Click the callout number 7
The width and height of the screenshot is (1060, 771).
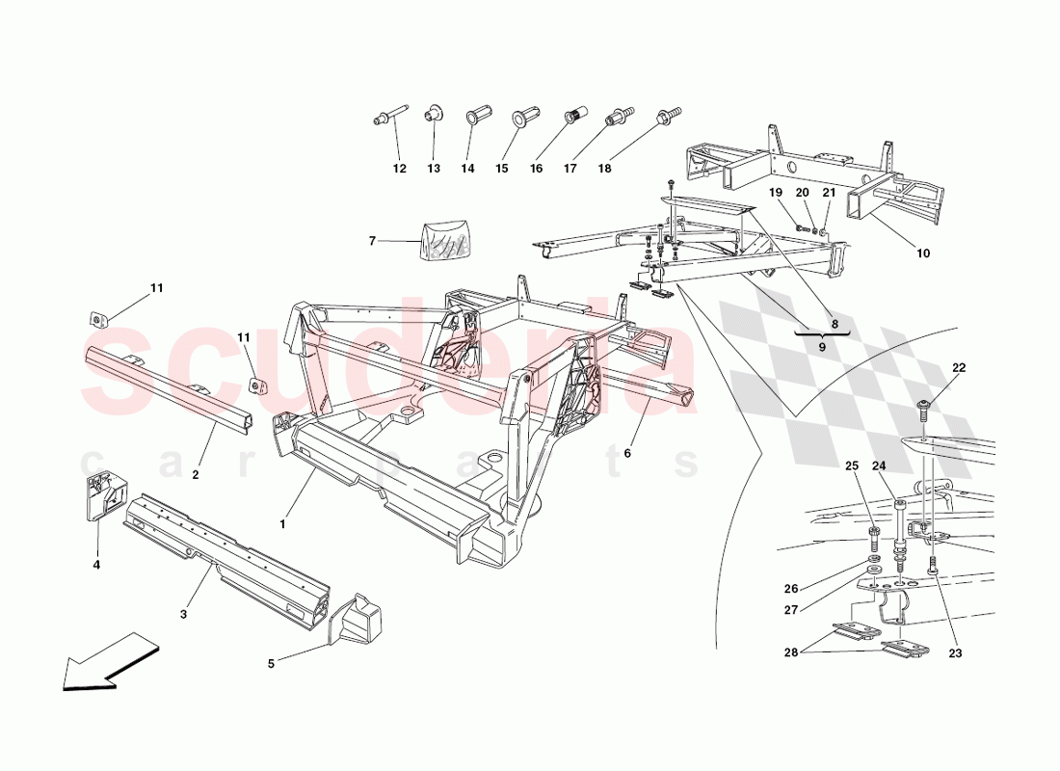click(372, 241)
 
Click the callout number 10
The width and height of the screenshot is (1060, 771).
click(923, 253)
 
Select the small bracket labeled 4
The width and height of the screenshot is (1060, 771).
click(101, 498)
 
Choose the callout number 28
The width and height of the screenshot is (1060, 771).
click(791, 652)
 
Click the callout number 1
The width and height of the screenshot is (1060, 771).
click(282, 524)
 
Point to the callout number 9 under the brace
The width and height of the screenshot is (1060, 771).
click(822, 347)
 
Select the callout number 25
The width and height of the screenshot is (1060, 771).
click(852, 466)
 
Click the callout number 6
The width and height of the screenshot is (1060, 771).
click(627, 453)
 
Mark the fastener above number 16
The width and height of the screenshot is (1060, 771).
click(575, 115)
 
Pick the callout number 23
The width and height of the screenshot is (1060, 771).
click(955, 653)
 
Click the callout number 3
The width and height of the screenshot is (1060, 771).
click(183, 614)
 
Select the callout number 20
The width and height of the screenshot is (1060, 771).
click(802, 193)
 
